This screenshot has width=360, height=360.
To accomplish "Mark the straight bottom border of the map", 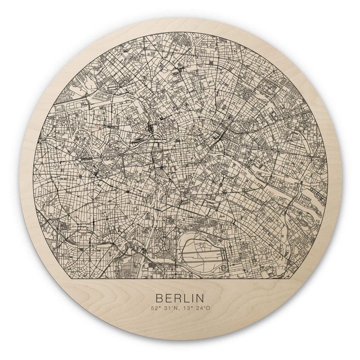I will point(179,280).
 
